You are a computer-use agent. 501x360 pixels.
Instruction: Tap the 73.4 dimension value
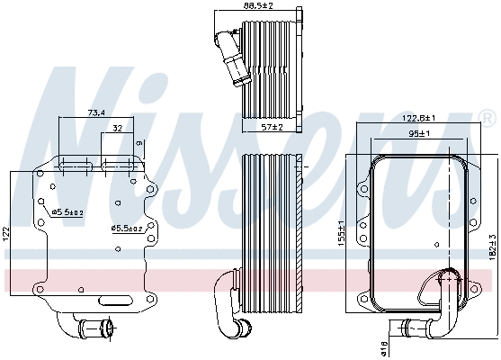tap(97, 113)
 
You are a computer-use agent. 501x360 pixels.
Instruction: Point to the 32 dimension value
tap(118, 129)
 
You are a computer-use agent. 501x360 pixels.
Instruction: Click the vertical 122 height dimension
tap(6, 232)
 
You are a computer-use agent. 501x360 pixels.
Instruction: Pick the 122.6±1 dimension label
tap(418, 118)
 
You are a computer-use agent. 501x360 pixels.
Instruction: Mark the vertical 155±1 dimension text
tap(341, 236)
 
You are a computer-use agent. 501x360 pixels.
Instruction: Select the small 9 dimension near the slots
tap(139, 143)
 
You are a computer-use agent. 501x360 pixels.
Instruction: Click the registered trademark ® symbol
tap(487, 118)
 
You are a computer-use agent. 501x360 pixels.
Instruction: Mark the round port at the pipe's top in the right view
tap(445, 279)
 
